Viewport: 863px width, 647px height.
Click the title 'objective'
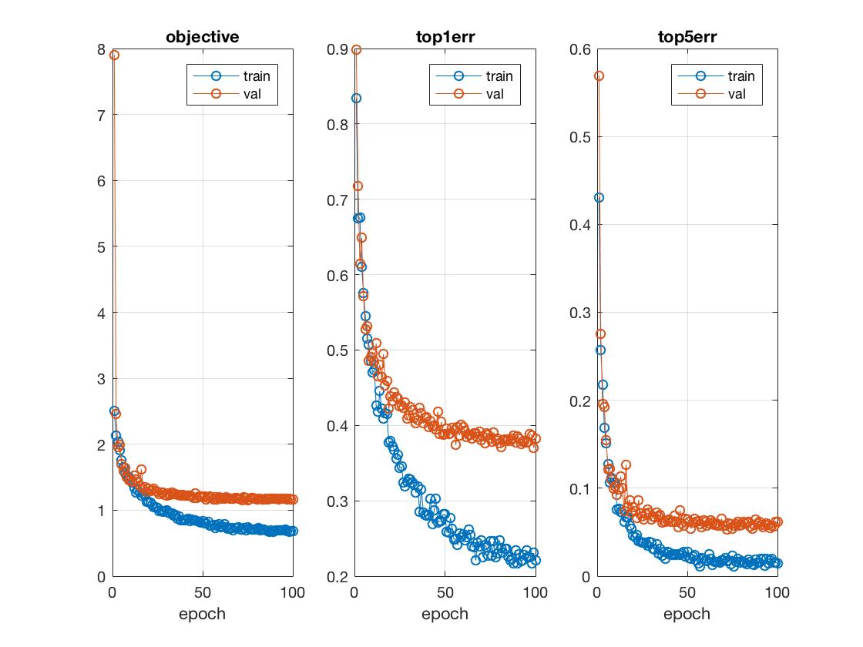coord(203,36)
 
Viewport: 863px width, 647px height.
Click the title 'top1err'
coord(445,36)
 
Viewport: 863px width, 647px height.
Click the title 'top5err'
coord(687,36)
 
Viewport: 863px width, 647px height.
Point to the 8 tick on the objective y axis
coord(101,49)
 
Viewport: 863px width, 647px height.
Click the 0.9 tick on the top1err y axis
coord(337,49)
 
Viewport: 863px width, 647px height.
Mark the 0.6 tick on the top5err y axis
coord(579,49)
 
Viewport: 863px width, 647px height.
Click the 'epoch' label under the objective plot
coord(203,614)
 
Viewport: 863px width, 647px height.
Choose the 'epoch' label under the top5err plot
coord(687,614)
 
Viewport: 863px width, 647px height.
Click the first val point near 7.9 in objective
coord(114,55)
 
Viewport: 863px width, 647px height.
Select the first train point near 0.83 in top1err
coord(356,99)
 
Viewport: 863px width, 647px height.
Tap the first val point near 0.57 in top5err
coord(599,76)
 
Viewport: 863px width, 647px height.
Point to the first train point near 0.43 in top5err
coord(599,198)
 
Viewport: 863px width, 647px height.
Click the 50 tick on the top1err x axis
coord(445,593)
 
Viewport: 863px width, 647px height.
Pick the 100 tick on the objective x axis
coord(294,593)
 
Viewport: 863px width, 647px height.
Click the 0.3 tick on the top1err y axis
coord(337,501)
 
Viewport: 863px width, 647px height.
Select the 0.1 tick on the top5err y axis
coord(579,489)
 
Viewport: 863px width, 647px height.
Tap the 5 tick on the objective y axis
coord(101,247)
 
